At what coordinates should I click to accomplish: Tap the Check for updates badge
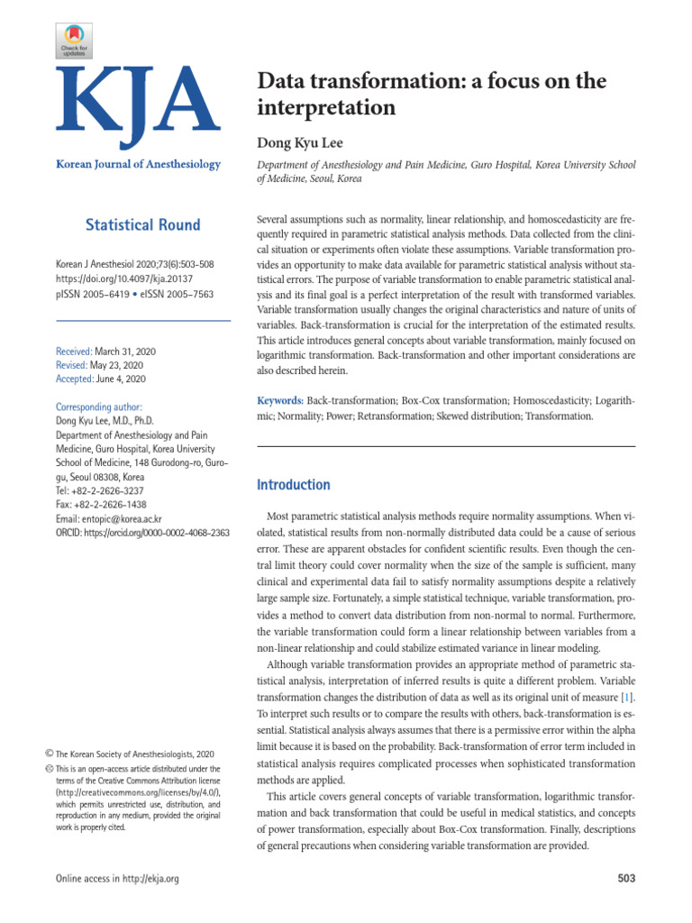(77, 41)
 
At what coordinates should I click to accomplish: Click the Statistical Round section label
(142, 224)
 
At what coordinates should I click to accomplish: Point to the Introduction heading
(294, 485)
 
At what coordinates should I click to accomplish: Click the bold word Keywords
(280, 398)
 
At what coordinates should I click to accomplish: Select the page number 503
(624, 878)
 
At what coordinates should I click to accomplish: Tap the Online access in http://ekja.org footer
(117, 878)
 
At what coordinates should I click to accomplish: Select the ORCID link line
(142, 533)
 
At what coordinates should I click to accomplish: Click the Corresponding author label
(98, 407)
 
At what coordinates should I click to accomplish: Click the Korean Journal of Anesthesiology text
(138, 164)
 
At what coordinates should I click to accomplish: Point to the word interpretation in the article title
(327, 108)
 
